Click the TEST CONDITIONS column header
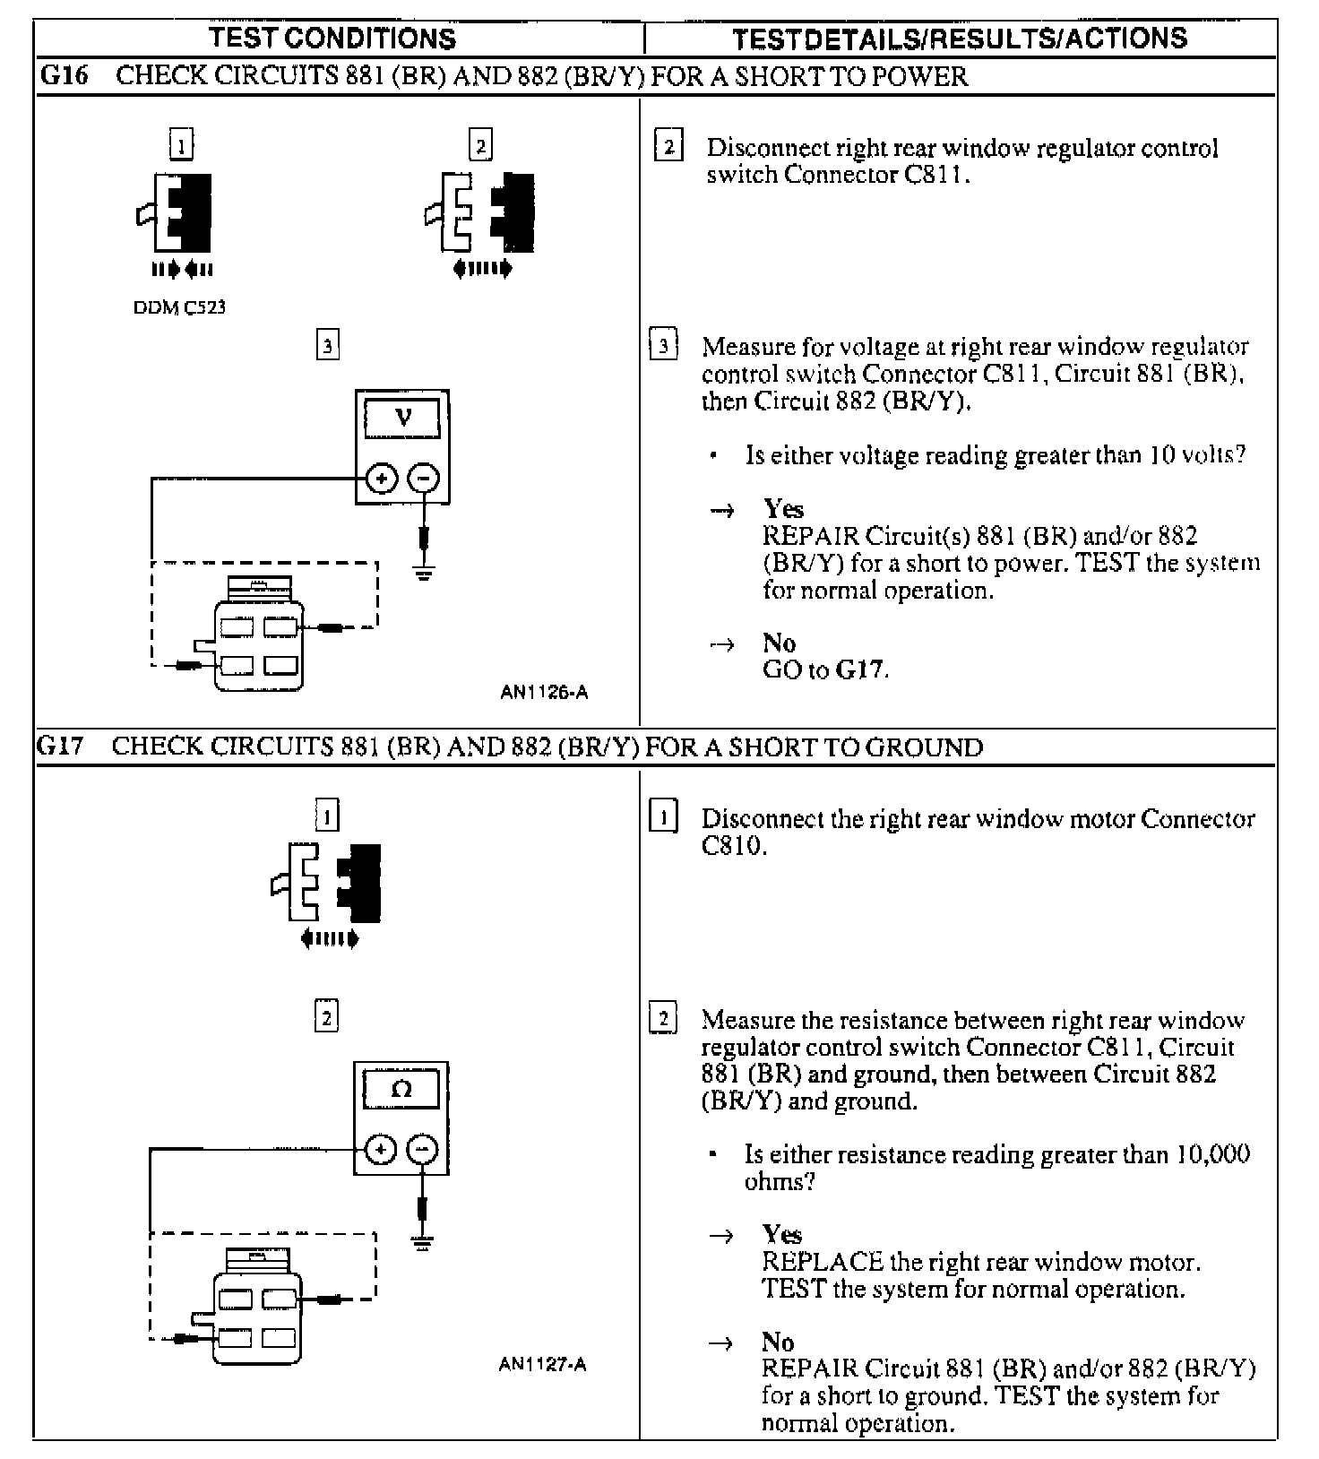coord(332,39)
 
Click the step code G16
coord(65,76)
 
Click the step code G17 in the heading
coord(60,747)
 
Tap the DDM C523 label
coord(179,307)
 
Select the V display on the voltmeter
coord(403,418)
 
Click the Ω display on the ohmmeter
coord(401,1090)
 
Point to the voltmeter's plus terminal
coord(382,479)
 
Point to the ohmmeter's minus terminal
coord(423,1150)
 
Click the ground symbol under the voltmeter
coord(424,573)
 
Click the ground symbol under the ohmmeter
coord(423,1243)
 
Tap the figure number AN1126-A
coord(544,692)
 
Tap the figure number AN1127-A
coord(542,1365)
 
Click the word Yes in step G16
coord(783,509)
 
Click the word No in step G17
coord(778,1342)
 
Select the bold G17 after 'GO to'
coord(860,669)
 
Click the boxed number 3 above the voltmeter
coord(328,345)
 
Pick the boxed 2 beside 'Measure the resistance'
coord(663,1020)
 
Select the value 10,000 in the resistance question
coord(1213,1154)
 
